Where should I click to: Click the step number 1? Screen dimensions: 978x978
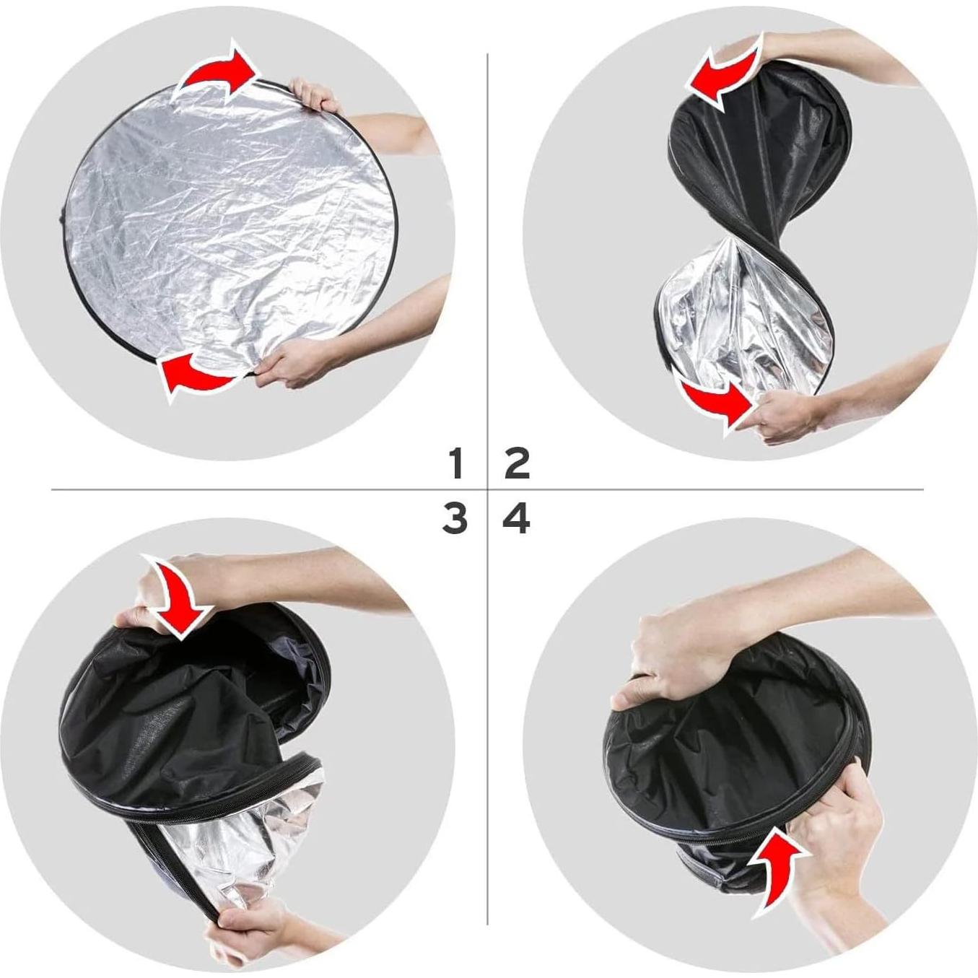[455, 463]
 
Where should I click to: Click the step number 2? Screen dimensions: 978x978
[518, 463]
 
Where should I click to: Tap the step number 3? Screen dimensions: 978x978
[455, 519]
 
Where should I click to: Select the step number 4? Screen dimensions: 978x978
[517, 519]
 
